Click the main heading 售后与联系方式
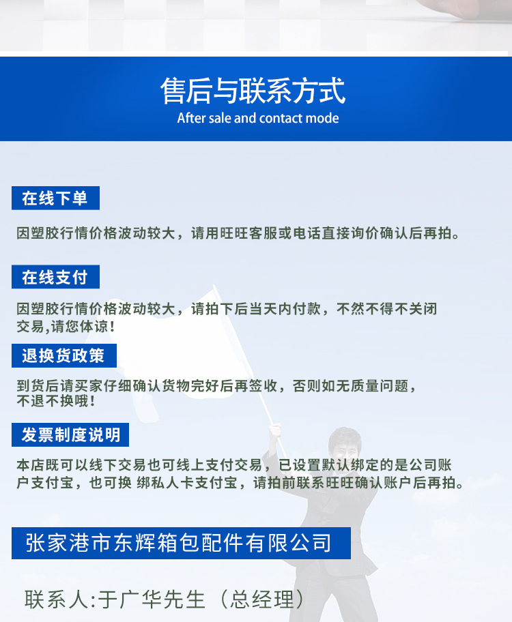[253, 91]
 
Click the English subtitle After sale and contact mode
[257, 118]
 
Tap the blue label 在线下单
[55, 198]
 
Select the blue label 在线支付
[55, 277]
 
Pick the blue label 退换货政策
[63, 355]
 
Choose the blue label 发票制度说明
[70, 434]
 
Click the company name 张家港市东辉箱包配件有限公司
[179, 543]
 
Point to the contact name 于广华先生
[152, 599]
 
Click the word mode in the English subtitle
[322, 118]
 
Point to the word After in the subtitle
[192, 118]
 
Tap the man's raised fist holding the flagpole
[276, 430]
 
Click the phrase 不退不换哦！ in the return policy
[56, 401]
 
